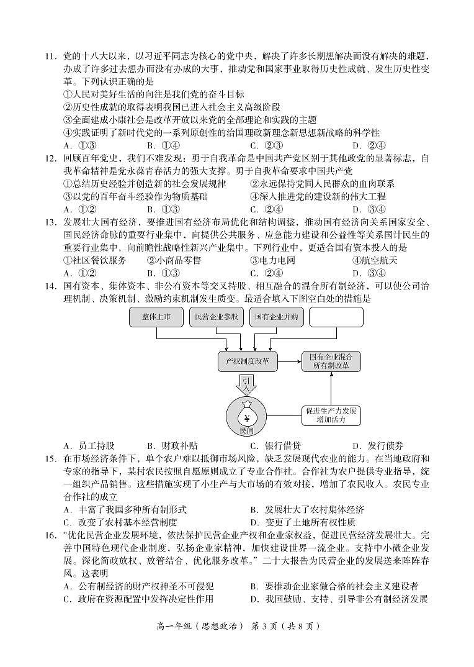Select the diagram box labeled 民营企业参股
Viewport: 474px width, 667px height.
[216, 317]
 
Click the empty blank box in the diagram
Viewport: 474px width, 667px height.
[336, 317]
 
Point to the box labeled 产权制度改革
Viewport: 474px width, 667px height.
[248, 361]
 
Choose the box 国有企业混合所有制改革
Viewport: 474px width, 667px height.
[331, 361]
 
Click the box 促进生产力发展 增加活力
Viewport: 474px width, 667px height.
[331, 415]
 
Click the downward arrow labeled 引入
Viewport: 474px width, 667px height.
[246, 385]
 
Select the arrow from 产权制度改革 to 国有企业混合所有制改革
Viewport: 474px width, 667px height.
[290, 361]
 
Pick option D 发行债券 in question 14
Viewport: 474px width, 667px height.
[378, 445]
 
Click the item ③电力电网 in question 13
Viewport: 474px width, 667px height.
[272, 260]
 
